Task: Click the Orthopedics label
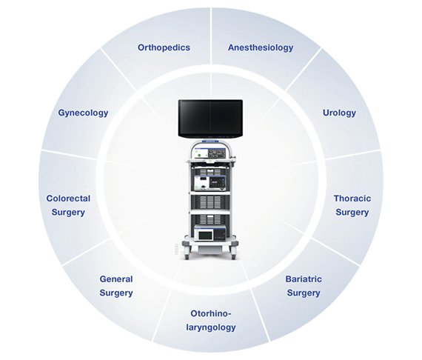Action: [164, 47]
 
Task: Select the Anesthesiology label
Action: [261, 47]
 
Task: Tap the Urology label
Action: [339, 113]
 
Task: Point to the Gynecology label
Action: [83, 113]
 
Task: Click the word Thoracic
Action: [352, 199]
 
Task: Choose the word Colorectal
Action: [68, 199]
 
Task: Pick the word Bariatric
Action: [304, 279]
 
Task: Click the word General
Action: [116, 279]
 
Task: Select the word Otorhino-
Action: [211, 313]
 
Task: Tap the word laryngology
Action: [211, 327]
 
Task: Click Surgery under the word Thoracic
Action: [352, 213]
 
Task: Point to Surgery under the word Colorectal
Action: [68, 213]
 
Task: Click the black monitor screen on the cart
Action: [210, 119]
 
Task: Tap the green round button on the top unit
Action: [198, 155]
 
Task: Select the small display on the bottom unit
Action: [205, 235]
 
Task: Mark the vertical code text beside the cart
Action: [176, 249]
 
